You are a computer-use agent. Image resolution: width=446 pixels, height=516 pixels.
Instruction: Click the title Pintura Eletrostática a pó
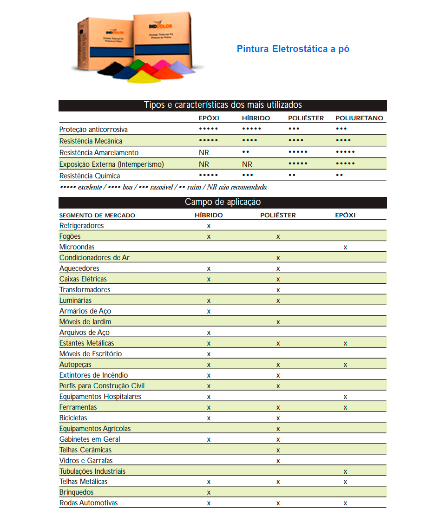pos(293,49)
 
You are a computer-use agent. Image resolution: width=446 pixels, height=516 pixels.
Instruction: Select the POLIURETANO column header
pos(359,118)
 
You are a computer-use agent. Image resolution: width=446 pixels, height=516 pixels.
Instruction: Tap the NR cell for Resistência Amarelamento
pos(204,153)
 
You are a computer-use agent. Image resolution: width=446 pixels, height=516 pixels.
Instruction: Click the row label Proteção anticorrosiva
pos(93,130)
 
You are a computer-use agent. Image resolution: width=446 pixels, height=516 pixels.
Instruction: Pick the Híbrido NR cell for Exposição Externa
pos(247,164)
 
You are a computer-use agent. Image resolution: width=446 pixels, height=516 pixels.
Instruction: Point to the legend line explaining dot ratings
pos(164,187)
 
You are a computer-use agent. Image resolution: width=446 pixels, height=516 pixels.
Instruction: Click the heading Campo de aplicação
pos(223,202)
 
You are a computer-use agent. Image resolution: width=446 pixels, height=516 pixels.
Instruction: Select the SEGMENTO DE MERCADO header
pos(97,216)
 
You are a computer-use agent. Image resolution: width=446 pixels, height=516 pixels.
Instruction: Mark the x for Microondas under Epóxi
pos(345,248)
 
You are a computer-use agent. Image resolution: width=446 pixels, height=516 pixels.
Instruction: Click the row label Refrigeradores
pos(82,226)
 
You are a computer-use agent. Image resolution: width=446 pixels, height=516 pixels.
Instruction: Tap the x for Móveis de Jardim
pos(278,322)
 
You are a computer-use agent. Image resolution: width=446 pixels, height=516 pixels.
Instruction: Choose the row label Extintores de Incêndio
pos(93,375)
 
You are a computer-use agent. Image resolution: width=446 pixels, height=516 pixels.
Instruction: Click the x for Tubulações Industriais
pos(345,472)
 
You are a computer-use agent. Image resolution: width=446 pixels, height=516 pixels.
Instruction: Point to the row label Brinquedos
pos(77,492)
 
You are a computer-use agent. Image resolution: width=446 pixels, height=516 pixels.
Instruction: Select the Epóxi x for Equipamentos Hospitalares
pos(345,397)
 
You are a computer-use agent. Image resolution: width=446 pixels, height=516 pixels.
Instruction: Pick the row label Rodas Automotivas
pos(89,503)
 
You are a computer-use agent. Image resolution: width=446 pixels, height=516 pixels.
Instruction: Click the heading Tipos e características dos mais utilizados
pos(223,105)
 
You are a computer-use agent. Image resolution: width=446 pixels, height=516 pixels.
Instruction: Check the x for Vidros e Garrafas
pos(278,461)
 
